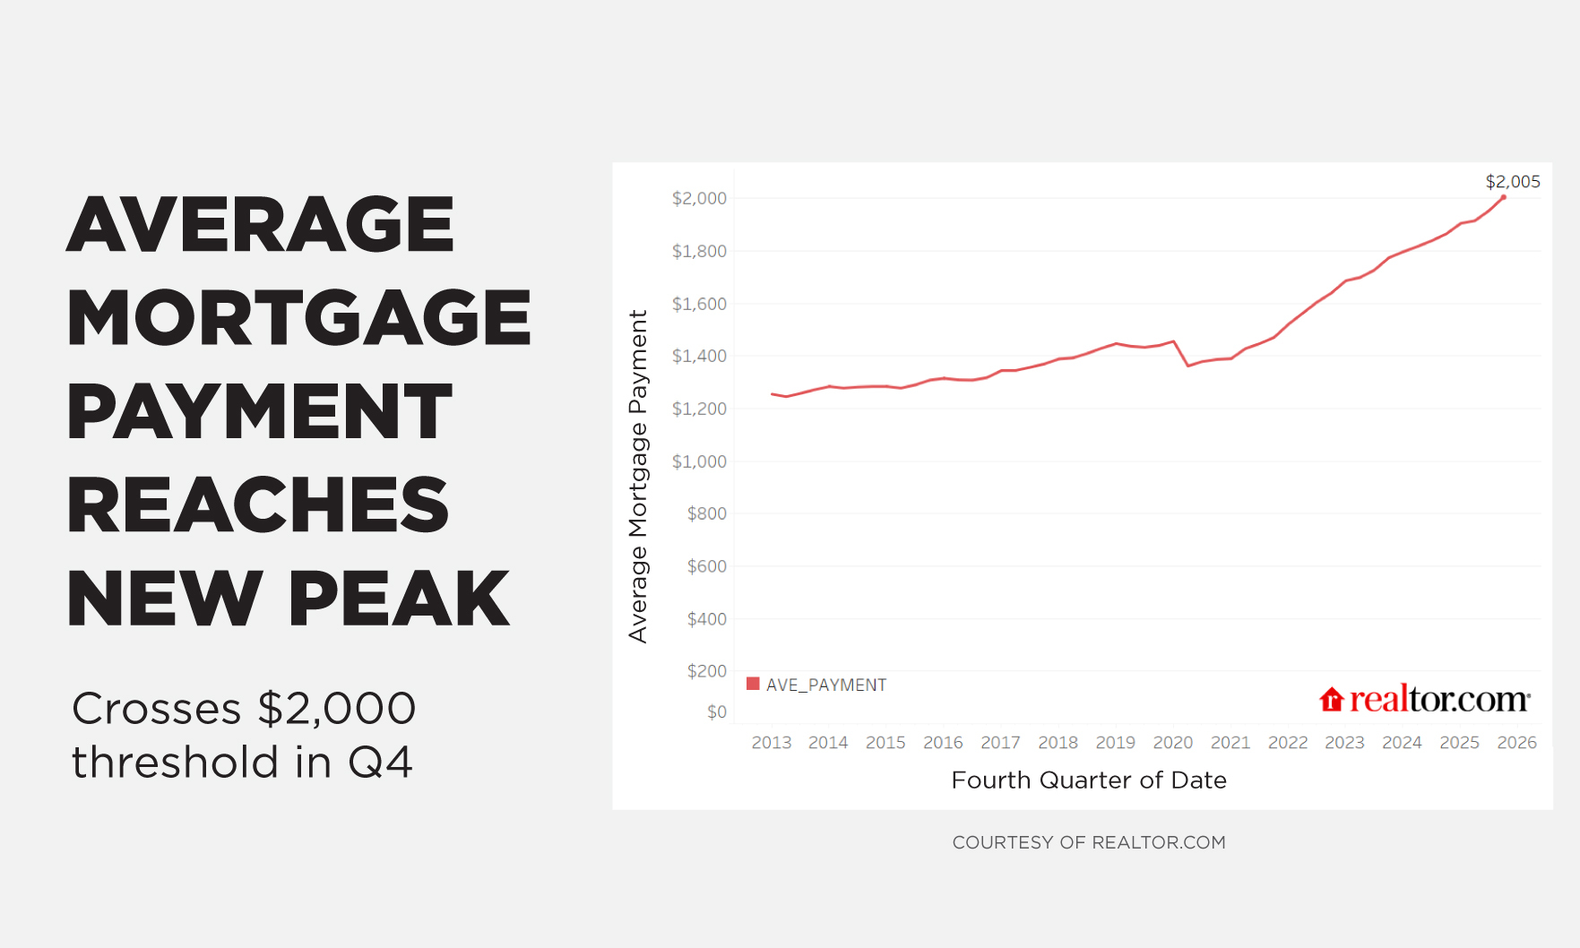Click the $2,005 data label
pyautogui.click(x=1513, y=182)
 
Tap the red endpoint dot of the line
pyautogui.click(x=1503, y=197)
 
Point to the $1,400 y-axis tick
pyautogui.click(x=699, y=357)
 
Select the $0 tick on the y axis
pyautogui.click(x=717, y=712)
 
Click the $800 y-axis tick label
pyautogui.click(x=706, y=514)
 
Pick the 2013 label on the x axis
pyautogui.click(x=771, y=743)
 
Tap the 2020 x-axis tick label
pyautogui.click(x=1172, y=743)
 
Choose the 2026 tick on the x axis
pyautogui.click(x=1516, y=743)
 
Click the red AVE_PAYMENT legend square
pyautogui.click(x=753, y=684)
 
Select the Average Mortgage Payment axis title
pyautogui.click(x=637, y=476)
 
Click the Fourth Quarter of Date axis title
pyautogui.click(x=1089, y=780)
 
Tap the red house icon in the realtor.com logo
pyautogui.click(x=1332, y=700)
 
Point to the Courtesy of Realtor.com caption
pyautogui.click(x=1089, y=842)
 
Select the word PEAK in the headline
pyautogui.click(x=399, y=599)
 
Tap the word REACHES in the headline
pyautogui.click(x=258, y=504)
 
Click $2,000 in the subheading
pyautogui.click(x=336, y=709)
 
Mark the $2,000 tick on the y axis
pyautogui.click(x=699, y=198)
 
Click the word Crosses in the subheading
pyautogui.click(x=156, y=709)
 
